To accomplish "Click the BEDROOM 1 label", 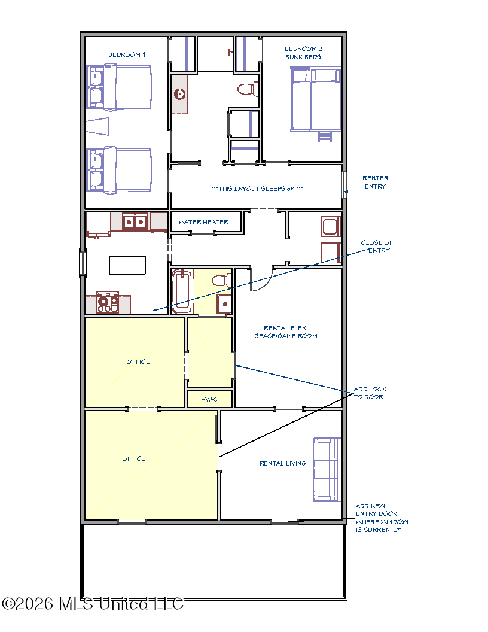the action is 127,54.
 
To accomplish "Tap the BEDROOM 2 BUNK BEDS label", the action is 303,53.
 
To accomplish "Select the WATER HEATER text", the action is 203,222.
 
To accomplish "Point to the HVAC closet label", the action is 209,399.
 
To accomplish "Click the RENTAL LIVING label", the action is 283,463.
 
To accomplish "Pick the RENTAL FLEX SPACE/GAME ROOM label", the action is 286,332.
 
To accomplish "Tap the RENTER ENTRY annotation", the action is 375,182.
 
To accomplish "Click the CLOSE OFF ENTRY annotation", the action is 379,246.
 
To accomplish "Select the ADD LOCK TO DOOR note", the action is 370,393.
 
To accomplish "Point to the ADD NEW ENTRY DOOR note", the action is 382,518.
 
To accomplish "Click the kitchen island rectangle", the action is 127,265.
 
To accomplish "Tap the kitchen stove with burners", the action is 108,302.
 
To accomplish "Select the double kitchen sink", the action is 135,221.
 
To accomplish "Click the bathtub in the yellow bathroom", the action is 182,291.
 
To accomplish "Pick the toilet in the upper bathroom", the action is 248,89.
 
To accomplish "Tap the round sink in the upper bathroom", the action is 179,95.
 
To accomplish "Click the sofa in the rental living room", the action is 327,469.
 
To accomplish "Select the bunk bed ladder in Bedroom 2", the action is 325,136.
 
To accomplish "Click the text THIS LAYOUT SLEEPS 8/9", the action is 257,189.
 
